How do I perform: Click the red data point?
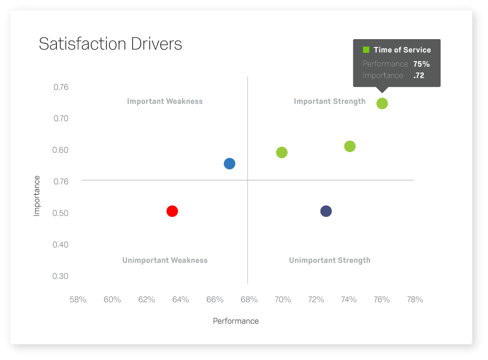coord(172,211)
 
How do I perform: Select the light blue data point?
coord(229,164)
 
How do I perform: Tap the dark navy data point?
coord(326,211)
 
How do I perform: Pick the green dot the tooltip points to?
coord(382,103)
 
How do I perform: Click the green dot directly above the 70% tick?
coord(282,152)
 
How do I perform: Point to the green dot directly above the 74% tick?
coord(350,146)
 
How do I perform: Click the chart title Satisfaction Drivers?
coord(110,44)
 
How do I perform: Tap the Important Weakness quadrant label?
coord(164,101)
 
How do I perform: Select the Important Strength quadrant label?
coord(329,101)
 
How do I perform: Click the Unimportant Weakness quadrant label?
coord(164,260)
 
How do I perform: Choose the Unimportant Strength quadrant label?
coord(329,260)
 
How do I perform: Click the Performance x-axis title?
coord(235,321)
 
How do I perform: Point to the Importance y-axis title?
coord(37,196)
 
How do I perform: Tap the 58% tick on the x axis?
coord(78,299)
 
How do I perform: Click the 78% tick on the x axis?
coord(415,299)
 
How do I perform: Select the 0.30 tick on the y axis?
coord(61,276)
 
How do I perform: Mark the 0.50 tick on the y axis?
coord(61,213)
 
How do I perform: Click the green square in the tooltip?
coord(366,50)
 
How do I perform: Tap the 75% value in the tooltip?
coord(421,64)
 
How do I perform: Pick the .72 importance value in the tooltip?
coord(419,76)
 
